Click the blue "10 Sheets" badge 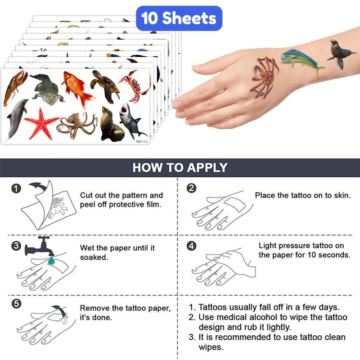click(179, 18)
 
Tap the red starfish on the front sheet click(41, 125)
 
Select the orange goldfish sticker click(77, 89)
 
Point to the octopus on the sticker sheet click(77, 125)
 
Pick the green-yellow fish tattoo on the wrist click(301, 62)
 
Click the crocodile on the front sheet click(47, 88)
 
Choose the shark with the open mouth click(131, 121)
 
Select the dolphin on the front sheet click(17, 119)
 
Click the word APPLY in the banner click(207, 167)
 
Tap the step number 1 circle click(16, 189)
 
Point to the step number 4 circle click(192, 246)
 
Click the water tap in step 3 click(39, 247)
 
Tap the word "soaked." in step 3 click(94, 257)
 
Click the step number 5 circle click(16, 304)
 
